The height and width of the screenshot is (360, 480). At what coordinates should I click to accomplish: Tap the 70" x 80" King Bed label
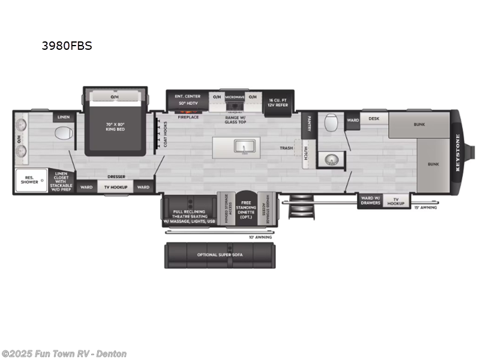tap(114, 127)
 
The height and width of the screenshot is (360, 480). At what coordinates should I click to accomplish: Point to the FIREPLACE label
tap(188, 117)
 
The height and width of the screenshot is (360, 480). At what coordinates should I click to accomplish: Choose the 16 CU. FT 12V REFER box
tap(278, 103)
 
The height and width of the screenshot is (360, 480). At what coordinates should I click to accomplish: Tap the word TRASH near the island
tap(286, 148)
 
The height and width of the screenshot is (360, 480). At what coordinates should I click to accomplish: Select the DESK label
tap(374, 119)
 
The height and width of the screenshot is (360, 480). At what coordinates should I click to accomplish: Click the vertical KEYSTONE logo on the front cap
tap(457, 152)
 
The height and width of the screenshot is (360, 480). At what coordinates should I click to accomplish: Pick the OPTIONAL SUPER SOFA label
tap(220, 254)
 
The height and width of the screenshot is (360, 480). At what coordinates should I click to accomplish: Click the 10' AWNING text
tap(260, 238)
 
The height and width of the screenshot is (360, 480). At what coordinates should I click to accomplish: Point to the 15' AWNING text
tap(425, 208)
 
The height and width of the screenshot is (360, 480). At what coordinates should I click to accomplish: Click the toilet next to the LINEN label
tap(63, 133)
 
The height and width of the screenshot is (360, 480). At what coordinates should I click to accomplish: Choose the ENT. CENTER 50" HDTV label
tap(187, 100)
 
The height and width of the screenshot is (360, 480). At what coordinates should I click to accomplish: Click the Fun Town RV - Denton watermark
tap(64, 353)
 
